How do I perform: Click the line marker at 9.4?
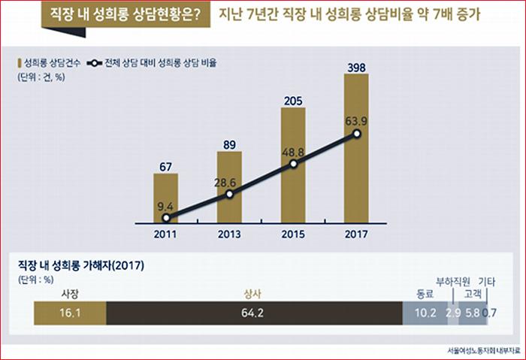[165, 219]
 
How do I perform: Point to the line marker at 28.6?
[229, 194]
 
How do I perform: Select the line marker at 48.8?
[294, 163]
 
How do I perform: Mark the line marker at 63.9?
[357, 135]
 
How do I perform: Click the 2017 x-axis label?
[357, 234]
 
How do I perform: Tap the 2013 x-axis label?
[229, 234]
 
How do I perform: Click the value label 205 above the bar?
[293, 99]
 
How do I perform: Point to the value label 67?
[165, 165]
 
